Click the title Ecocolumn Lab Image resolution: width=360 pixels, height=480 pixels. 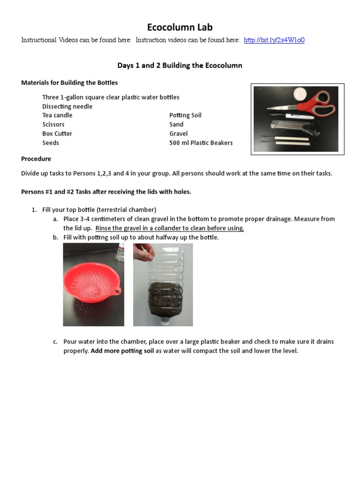180,27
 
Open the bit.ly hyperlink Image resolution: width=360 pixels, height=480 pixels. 274,40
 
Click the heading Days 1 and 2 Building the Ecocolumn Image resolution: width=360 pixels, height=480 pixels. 180,66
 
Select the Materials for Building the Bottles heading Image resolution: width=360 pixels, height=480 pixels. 69,82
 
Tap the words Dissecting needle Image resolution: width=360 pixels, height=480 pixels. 67,106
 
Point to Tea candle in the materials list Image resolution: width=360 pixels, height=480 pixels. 57,115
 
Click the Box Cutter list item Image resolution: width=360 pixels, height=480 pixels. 57,134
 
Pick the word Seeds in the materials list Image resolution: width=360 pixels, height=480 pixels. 51,143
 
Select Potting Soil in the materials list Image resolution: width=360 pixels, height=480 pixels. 185,115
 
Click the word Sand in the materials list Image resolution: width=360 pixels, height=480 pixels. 176,125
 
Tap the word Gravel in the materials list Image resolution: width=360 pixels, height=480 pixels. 178,134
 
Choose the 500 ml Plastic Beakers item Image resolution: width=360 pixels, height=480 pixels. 201,143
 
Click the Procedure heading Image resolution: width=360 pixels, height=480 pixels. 36,159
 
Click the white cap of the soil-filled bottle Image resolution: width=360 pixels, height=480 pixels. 165,321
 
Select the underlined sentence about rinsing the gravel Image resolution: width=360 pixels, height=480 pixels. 170,228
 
